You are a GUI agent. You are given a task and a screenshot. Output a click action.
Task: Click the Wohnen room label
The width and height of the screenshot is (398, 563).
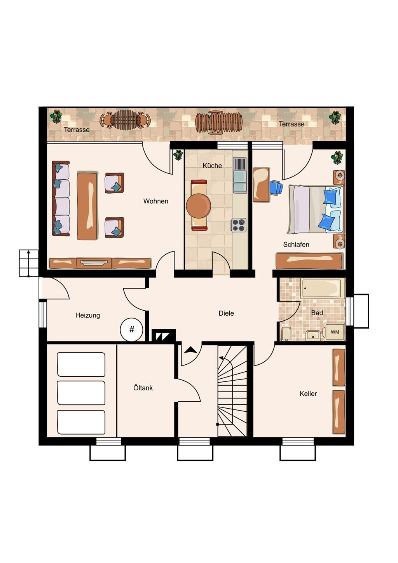point(155,201)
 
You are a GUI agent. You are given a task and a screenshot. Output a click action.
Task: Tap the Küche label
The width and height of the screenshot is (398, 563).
point(212,166)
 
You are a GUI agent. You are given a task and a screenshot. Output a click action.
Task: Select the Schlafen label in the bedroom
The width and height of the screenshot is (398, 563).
point(296,245)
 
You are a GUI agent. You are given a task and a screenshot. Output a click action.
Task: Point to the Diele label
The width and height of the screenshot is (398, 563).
point(226,313)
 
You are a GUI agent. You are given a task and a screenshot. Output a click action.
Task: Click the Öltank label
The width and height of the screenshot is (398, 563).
point(143,388)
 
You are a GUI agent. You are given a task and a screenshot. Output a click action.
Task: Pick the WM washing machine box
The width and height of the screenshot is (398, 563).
point(334,332)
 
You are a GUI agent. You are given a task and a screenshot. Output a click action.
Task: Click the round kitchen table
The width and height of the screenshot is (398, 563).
point(199,206)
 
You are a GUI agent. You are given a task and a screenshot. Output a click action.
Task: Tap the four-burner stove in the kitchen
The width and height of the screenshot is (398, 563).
point(238,225)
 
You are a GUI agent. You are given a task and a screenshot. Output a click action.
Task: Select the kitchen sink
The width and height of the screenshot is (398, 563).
point(240,175)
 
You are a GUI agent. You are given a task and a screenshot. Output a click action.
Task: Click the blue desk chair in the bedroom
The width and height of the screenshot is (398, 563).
point(276,187)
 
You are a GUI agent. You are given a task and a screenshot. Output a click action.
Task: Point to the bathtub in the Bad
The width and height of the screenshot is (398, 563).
point(323,288)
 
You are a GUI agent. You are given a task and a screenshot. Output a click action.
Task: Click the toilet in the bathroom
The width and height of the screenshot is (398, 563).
point(286,334)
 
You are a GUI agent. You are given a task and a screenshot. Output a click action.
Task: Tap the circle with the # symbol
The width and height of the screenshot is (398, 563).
point(131,329)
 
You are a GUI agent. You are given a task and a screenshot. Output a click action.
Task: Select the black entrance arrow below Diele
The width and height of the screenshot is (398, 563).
point(190,350)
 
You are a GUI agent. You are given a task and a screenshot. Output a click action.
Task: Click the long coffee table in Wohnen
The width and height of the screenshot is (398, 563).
point(87,206)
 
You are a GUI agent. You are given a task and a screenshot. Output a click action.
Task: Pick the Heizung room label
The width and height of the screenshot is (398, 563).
point(88,315)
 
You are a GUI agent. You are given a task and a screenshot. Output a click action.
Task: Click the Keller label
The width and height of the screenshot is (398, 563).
point(308,393)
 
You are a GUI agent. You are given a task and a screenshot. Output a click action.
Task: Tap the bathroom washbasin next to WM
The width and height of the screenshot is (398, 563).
point(313,335)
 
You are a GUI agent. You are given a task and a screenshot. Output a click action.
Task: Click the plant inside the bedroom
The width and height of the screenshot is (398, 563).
point(337,157)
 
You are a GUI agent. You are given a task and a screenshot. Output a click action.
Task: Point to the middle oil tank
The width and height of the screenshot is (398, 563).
point(81,393)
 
